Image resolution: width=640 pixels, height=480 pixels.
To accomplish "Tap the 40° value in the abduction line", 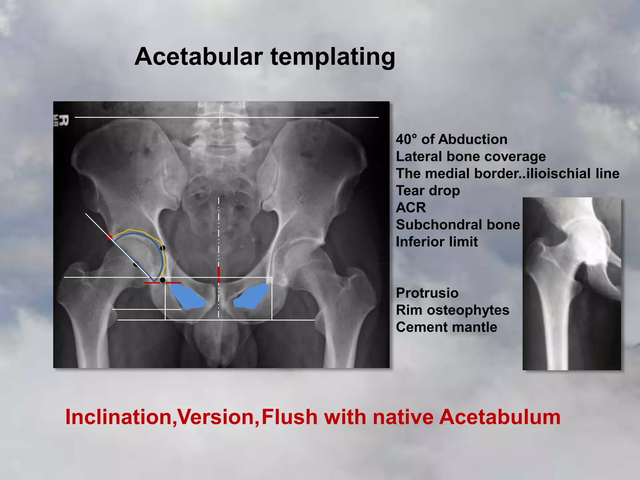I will pos(406,139).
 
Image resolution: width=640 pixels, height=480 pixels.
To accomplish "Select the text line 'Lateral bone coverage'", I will pos(471,157).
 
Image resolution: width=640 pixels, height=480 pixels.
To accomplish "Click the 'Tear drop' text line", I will pos(428,191).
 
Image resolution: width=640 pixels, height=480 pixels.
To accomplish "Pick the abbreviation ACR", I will pos(411,208).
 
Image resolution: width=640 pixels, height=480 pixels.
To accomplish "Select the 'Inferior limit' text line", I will pos(437,242).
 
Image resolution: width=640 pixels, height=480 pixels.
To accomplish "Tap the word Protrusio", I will pos(427,293).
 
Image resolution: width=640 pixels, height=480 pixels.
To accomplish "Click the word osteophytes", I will pos(468,310).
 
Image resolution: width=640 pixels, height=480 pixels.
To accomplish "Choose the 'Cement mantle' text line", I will pos(446,327).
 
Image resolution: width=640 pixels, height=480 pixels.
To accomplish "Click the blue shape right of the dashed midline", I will pos(252,296).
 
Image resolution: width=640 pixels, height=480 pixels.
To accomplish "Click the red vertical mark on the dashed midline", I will pos(218,275).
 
